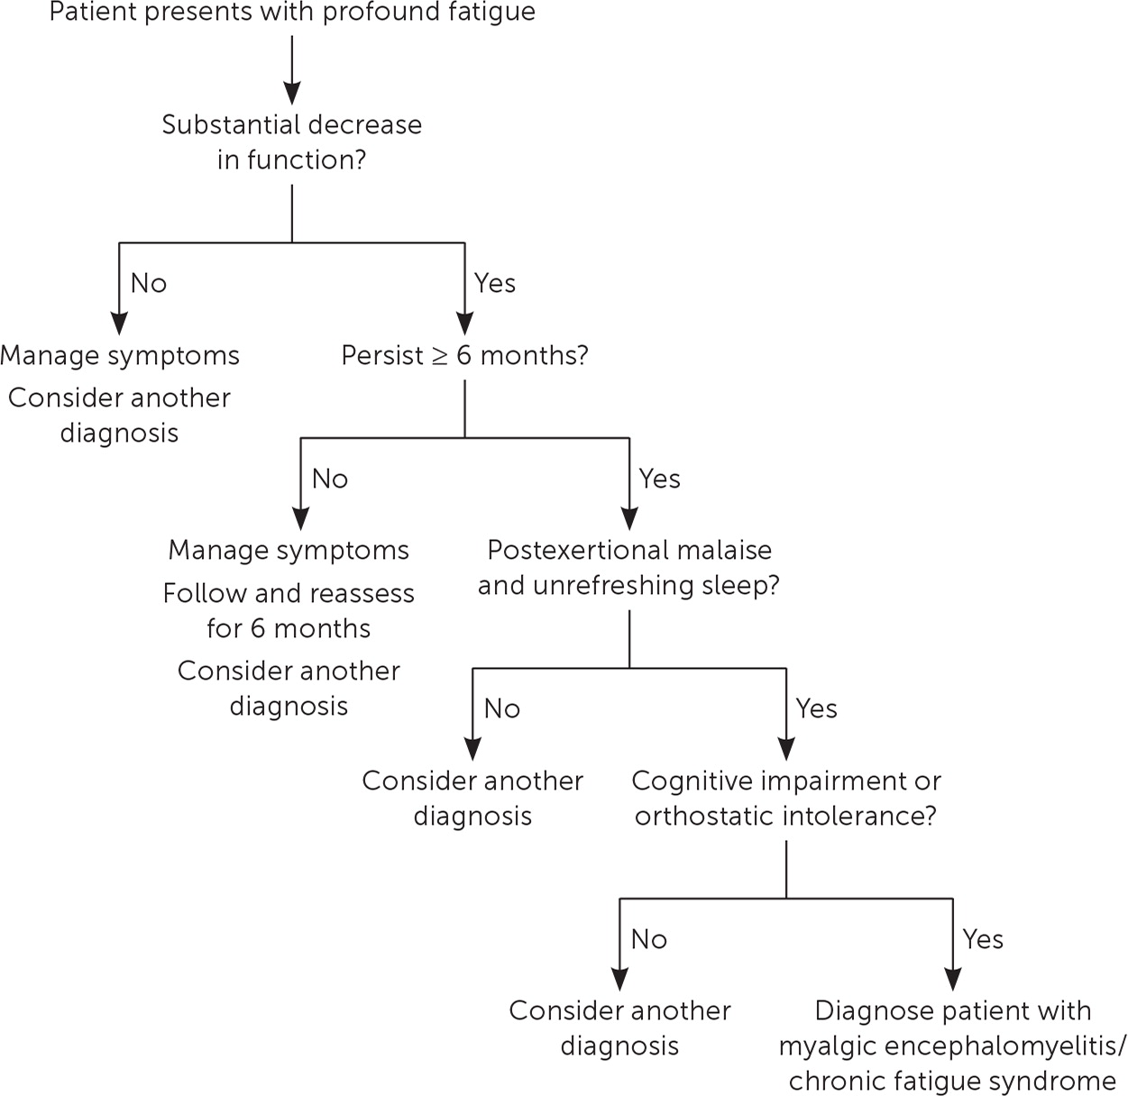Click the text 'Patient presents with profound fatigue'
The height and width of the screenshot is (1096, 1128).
pos(292,14)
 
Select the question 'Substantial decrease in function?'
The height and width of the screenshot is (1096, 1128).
pos(292,142)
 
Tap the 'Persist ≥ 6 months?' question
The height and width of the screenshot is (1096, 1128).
pos(464,355)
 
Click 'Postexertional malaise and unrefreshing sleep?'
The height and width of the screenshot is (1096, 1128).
pos(629,567)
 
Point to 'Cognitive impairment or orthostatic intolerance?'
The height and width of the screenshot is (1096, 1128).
pos(786,798)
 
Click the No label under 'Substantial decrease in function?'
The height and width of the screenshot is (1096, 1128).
pos(149,283)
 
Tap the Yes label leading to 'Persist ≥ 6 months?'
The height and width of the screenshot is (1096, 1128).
pos(495,283)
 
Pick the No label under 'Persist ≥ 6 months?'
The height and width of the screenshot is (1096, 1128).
pos(330,479)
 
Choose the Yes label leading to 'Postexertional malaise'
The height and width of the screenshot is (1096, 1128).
pos(659,479)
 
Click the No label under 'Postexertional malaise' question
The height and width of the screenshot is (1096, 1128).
pos(502,708)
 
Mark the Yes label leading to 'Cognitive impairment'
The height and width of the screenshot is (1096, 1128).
pos(816,708)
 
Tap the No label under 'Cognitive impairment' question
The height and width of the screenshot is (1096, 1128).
pos(649,939)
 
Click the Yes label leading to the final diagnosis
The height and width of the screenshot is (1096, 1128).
pos(983,939)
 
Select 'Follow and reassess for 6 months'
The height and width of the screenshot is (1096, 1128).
pos(289,610)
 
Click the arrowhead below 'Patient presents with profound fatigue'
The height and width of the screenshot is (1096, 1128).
pos(291,92)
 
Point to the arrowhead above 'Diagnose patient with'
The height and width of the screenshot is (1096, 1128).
pos(953,979)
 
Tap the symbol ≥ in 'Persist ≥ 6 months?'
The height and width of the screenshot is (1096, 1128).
pos(440,356)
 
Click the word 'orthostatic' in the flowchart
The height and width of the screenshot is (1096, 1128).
pos(692,816)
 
